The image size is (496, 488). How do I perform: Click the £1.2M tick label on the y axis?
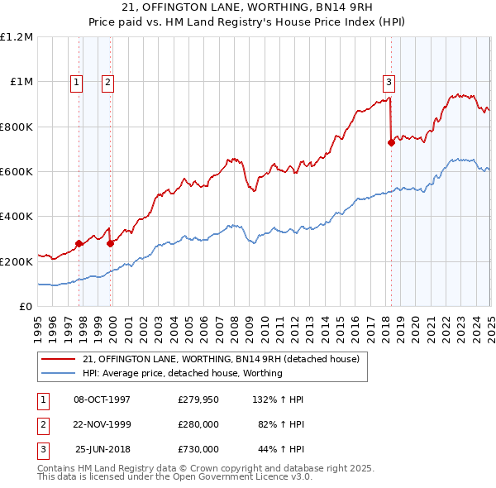point(17,37)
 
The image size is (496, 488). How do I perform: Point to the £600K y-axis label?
point(17,172)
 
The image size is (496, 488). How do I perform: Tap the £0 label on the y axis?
point(26,307)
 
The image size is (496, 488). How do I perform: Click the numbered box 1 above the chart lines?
point(76,82)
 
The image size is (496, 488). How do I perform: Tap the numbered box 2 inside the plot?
point(108,82)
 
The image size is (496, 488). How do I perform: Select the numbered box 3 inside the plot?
point(388,82)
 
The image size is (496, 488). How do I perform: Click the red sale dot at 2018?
point(392,142)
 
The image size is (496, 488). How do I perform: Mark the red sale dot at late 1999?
point(111,243)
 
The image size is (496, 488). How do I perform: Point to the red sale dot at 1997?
point(79,243)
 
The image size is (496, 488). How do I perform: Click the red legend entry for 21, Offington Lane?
point(221,360)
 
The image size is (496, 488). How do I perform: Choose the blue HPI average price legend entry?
point(183,373)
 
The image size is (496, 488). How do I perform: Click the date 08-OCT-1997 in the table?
point(102,399)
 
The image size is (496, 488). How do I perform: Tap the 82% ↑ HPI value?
point(282,424)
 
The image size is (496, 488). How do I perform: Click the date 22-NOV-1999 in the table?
point(102,424)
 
